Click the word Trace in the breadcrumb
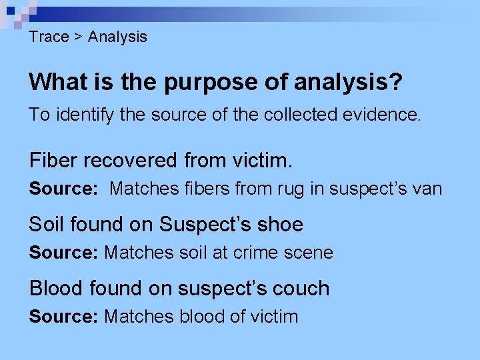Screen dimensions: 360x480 tap(49, 37)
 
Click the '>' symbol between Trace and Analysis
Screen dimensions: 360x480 tap(78, 37)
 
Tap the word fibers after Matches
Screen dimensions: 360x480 tap(205, 189)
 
